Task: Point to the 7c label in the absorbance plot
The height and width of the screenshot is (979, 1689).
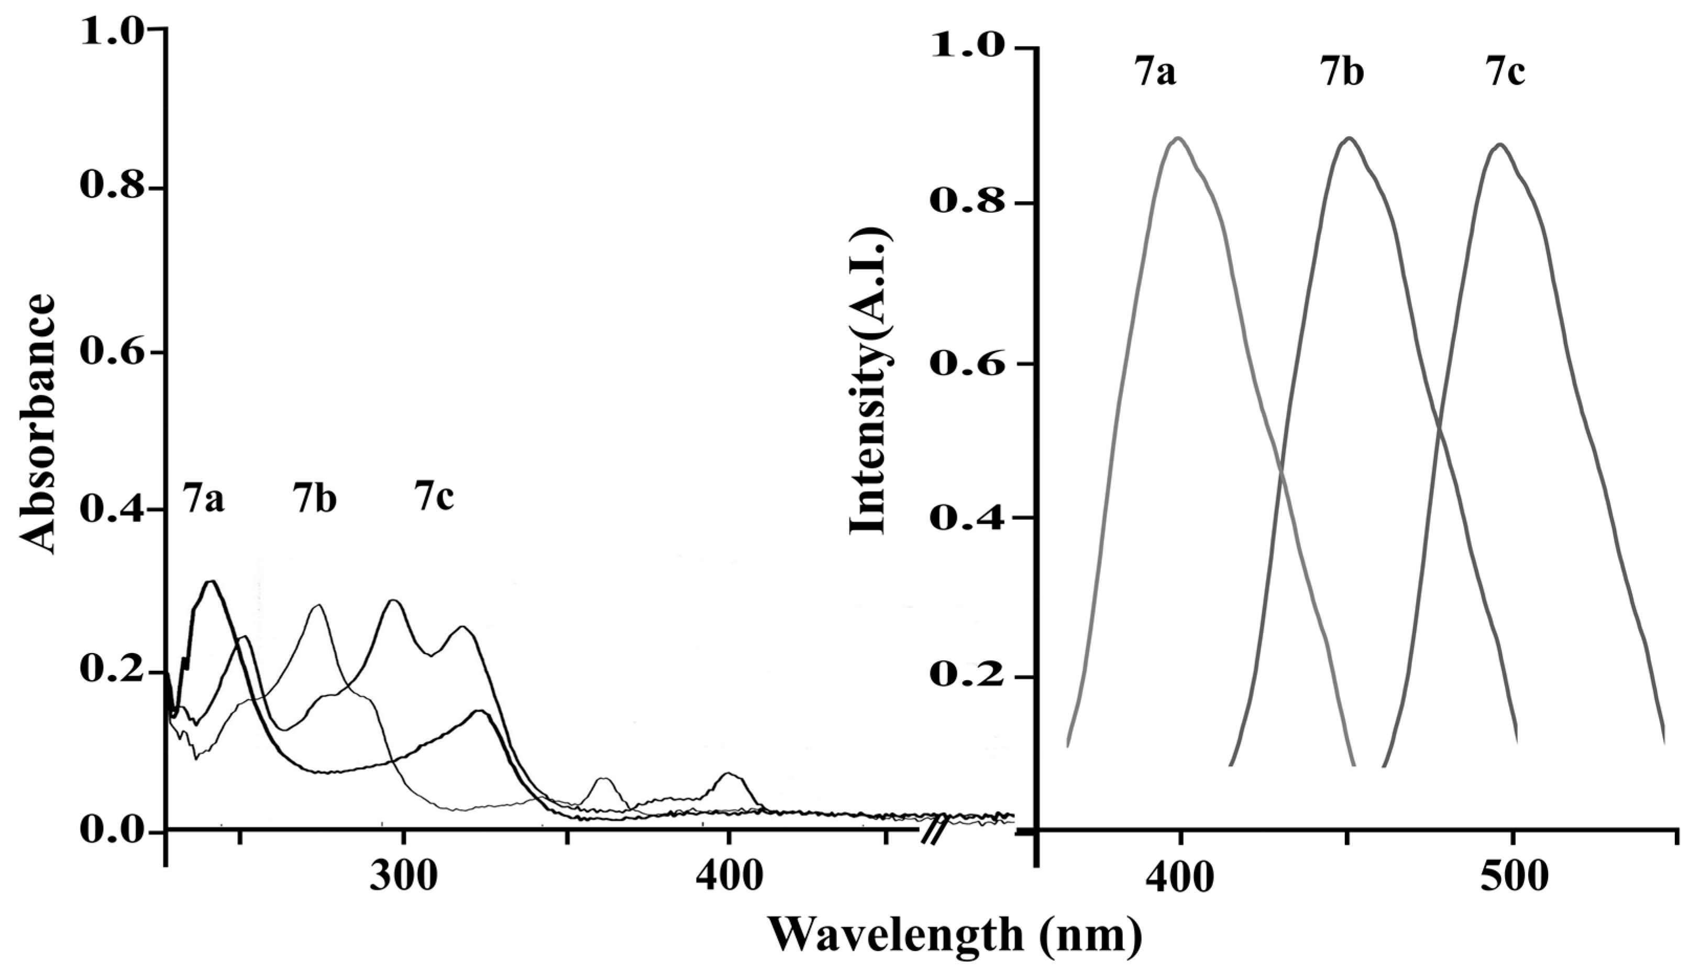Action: [x=434, y=497]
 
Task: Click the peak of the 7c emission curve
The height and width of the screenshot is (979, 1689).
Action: [x=1500, y=144]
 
